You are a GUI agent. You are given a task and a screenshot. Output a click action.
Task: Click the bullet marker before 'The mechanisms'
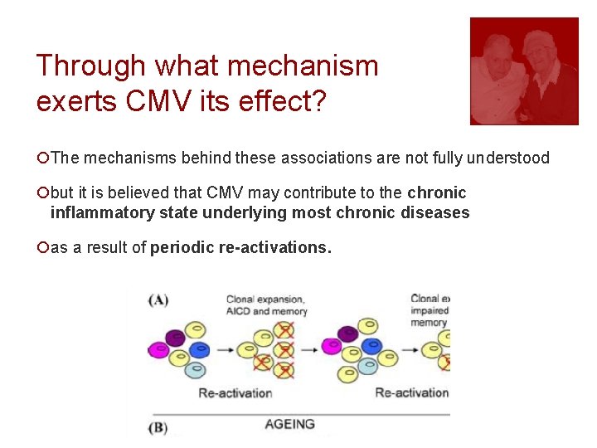pos(43,158)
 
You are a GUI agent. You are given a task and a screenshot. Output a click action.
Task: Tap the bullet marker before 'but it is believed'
pos(43,193)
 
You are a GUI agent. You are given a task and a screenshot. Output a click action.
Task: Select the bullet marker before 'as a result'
pos(43,247)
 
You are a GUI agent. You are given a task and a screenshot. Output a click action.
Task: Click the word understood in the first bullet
pos(507,158)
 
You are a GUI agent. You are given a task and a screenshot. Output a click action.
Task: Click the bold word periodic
pos(181,247)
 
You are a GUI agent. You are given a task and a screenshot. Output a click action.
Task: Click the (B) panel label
pos(159,428)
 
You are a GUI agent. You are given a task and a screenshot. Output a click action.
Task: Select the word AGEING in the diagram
pos(289,424)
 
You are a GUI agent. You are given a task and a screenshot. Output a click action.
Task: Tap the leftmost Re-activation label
pos(235,392)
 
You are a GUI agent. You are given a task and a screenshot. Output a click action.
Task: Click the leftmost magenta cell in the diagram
pos(157,350)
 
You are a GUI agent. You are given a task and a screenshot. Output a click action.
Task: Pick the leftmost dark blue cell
pos(198,350)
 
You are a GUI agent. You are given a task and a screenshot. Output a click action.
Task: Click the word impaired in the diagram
pos(430,311)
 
